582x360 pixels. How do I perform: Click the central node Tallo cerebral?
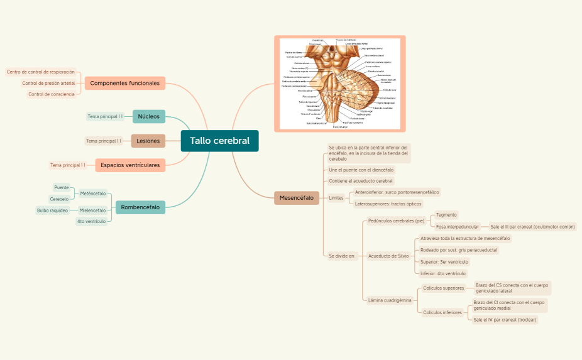pyautogui.click(x=219, y=141)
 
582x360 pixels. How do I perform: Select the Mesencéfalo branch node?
pyautogui.click(x=296, y=198)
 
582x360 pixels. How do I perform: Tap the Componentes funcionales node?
pyautogui.click(x=124, y=83)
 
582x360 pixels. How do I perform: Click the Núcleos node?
pyautogui.click(x=149, y=116)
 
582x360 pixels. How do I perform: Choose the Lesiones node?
pyautogui.click(x=148, y=141)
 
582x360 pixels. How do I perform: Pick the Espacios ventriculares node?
pyautogui.click(x=130, y=165)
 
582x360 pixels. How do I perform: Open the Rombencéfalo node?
pyautogui.click(x=140, y=207)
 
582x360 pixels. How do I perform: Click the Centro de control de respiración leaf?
pyautogui.click(x=41, y=72)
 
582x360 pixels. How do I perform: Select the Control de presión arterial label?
pyautogui.click(x=48, y=83)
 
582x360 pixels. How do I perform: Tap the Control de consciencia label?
pyautogui.click(x=52, y=94)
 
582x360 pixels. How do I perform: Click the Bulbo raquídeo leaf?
pyautogui.click(x=52, y=210)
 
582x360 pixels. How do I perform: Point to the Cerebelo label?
pyautogui.click(x=59, y=199)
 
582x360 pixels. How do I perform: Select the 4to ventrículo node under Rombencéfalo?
pyautogui.click(x=91, y=221)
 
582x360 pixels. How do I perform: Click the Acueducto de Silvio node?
pyautogui.click(x=388, y=256)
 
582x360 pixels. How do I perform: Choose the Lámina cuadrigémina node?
pyautogui.click(x=390, y=300)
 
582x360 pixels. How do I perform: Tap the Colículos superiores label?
pyautogui.click(x=443, y=288)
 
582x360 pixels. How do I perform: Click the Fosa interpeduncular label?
pyautogui.click(x=458, y=226)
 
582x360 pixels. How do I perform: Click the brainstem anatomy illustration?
pyautogui.click(x=340, y=83)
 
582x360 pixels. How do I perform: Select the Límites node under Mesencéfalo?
pyautogui.click(x=336, y=198)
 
